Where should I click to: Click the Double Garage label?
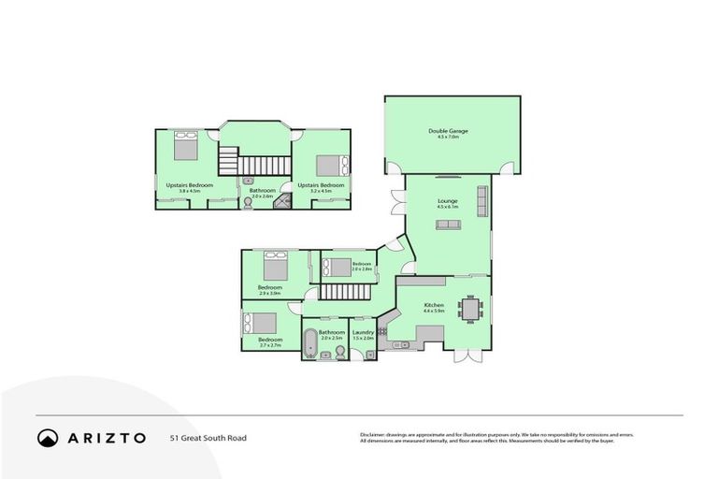pos(448,131)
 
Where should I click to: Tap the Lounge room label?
pos(447,201)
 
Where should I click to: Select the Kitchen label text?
pos(433,305)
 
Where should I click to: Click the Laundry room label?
pos(364,332)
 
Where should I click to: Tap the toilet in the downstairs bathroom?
pos(340,351)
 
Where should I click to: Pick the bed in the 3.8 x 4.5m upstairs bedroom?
pos(185,148)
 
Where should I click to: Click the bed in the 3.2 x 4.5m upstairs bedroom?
pos(332,166)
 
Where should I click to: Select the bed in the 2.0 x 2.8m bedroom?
pos(338,266)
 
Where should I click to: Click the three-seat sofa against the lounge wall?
pos(482,197)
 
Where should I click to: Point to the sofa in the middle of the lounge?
pos(447,225)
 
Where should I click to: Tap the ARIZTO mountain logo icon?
pos(47,437)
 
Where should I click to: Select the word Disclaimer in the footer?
pos(375,434)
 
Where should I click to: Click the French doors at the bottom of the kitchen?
pos(467,356)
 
